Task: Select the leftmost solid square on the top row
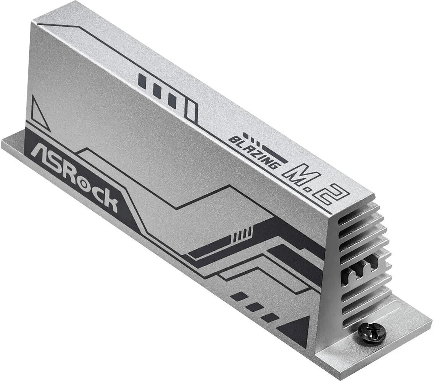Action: tap(142, 80)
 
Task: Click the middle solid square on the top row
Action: tap(156, 91)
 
